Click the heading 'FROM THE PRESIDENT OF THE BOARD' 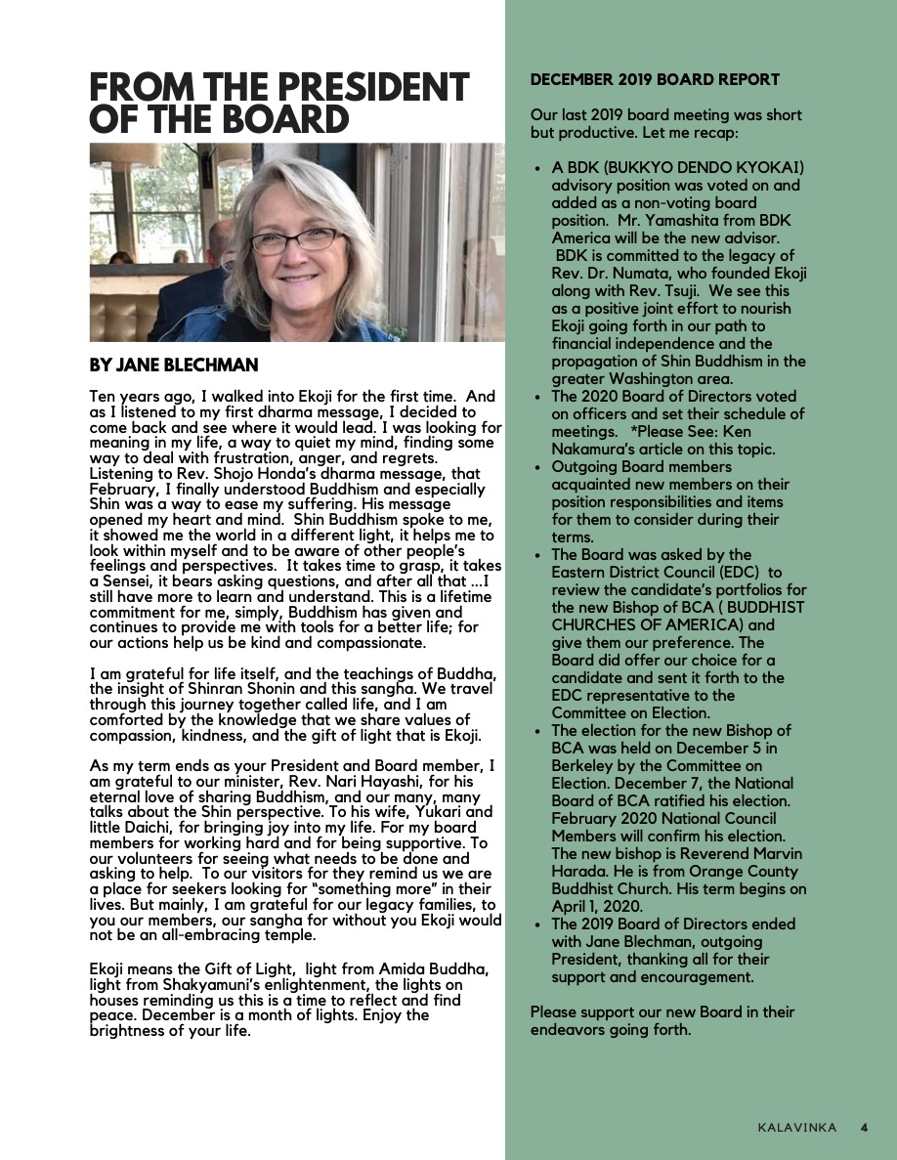tap(278, 103)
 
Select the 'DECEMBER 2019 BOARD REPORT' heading tap(655, 79)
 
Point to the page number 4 tap(864, 1127)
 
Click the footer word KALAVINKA tap(796, 1127)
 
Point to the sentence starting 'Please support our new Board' tap(662, 1020)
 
